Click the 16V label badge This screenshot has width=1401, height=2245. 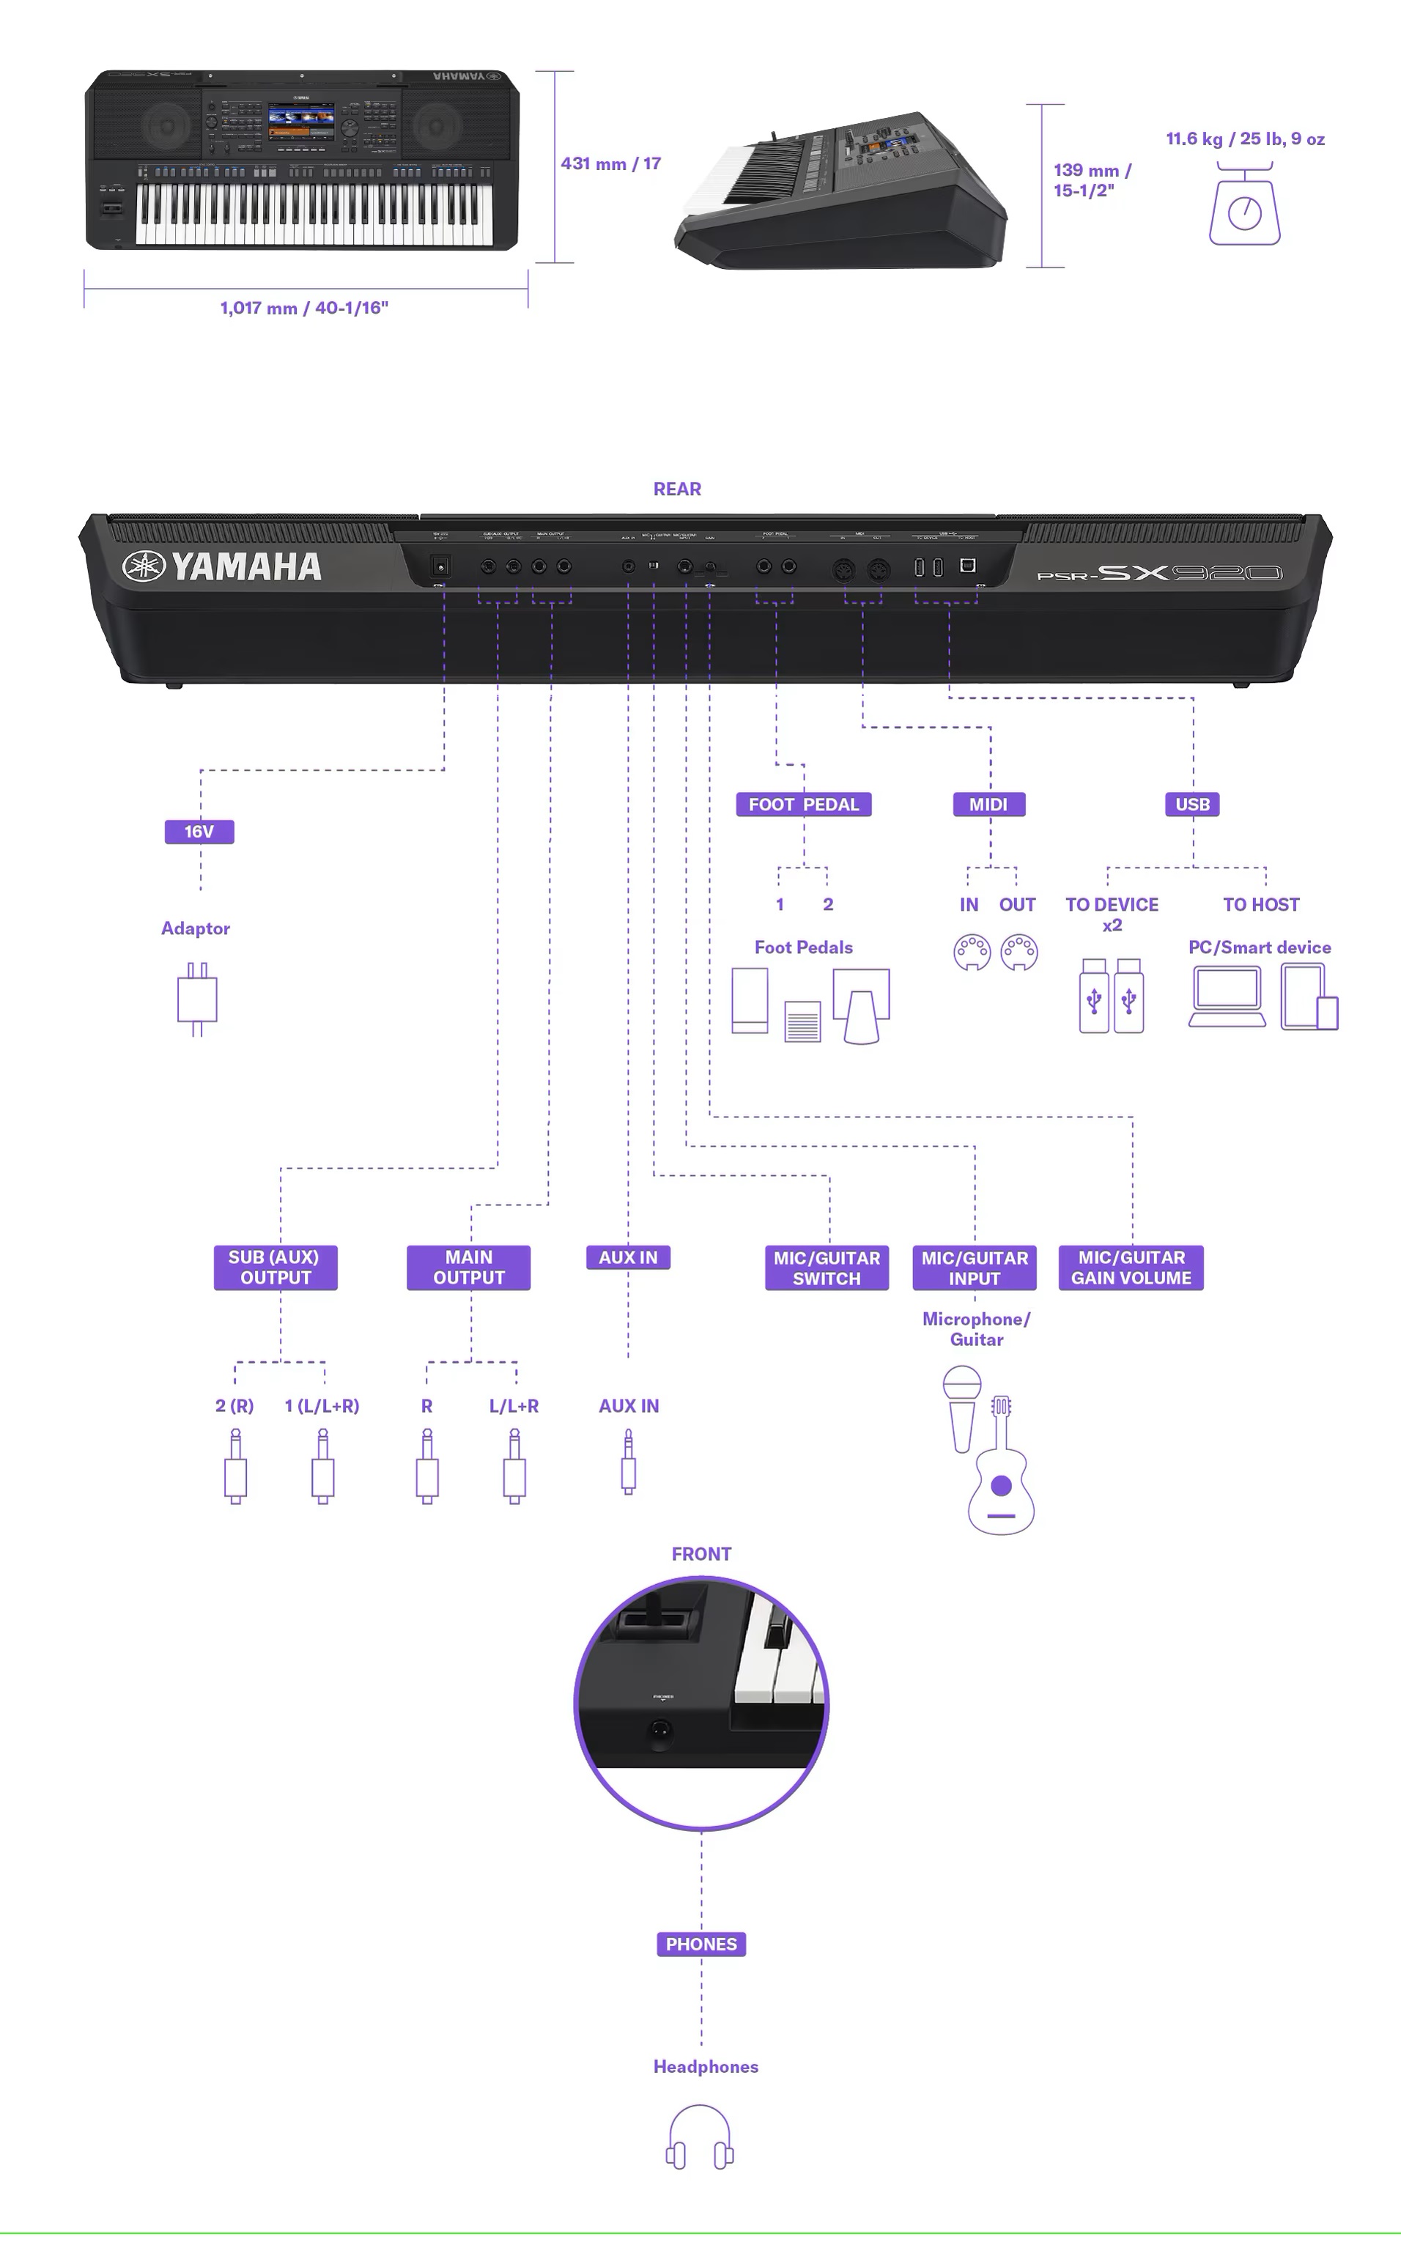click(x=199, y=831)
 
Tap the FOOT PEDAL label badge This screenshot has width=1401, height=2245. click(x=803, y=805)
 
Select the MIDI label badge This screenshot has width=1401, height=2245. click(x=988, y=805)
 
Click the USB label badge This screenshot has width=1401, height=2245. click(x=1191, y=805)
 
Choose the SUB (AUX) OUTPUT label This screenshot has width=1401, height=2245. click(x=276, y=1268)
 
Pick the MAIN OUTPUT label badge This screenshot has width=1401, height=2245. click(x=469, y=1268)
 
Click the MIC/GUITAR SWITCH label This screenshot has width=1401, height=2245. click(x=827, y=1268)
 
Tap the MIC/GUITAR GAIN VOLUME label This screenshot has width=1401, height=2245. click(x=1131, y=1268)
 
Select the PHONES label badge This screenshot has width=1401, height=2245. click(x=700, y=1944)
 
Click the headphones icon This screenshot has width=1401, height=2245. click(x=700, y=2137)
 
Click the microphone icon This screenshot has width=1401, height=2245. click(x=962, y=1408)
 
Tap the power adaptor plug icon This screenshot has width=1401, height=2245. click(x=196, y=999)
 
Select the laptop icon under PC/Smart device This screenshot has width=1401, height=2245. click(x=1227, y=996)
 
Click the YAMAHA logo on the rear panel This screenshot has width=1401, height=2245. click(x=222, y=566)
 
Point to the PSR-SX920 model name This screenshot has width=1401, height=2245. click(x=1159, y=572)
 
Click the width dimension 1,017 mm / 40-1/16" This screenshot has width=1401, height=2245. click(x=304, y=308)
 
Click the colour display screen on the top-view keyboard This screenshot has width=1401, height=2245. click(x=301, y=122)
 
